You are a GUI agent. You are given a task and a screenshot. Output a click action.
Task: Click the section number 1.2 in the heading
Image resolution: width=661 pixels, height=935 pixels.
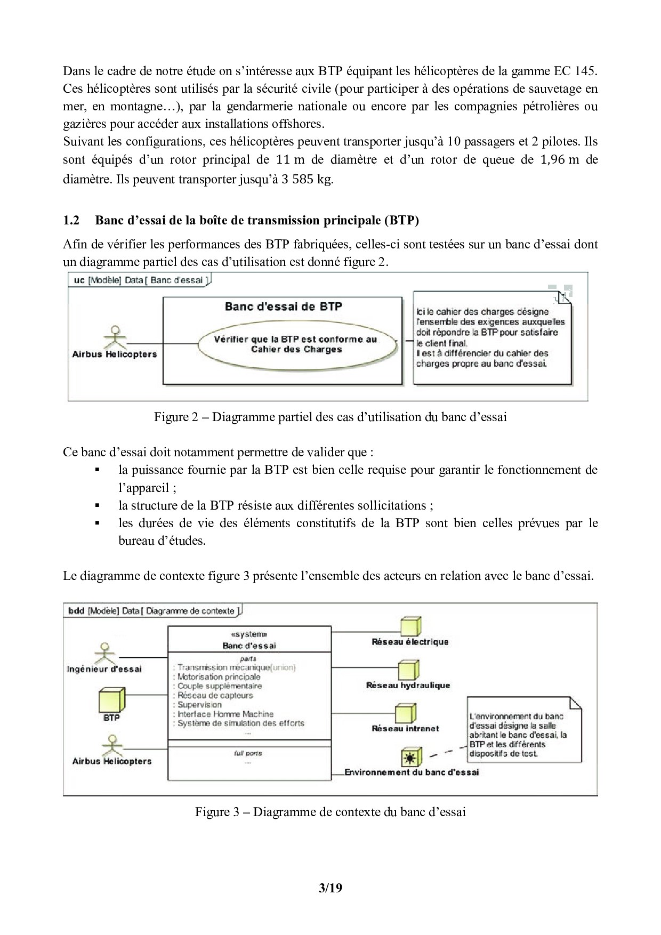click(71, 221)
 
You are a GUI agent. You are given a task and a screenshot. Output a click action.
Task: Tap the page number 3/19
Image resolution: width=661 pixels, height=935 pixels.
click(330, 888)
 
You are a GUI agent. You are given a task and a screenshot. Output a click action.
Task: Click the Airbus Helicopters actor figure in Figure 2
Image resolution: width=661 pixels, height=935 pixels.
click(113, 337)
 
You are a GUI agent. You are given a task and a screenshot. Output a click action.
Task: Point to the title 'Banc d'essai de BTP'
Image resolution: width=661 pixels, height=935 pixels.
click(283, 307)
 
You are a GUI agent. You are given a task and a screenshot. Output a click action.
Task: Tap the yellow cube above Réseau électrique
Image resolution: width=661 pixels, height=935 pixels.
click(410, 627)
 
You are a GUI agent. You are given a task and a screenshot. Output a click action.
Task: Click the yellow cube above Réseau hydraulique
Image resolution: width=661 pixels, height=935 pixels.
click(408, 670)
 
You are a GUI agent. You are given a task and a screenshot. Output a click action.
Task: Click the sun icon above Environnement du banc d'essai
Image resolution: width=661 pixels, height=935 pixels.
click(411, 756)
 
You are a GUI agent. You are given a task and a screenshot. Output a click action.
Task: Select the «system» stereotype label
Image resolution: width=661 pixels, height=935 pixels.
click(249, 634)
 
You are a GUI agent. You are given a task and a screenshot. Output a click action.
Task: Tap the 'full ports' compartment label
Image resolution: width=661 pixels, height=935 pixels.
click(248, 753)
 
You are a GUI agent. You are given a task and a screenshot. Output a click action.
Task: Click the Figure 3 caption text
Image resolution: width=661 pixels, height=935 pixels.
click(330, 812)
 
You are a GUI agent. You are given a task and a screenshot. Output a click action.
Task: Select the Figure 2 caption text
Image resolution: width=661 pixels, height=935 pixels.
click(330, 417)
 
